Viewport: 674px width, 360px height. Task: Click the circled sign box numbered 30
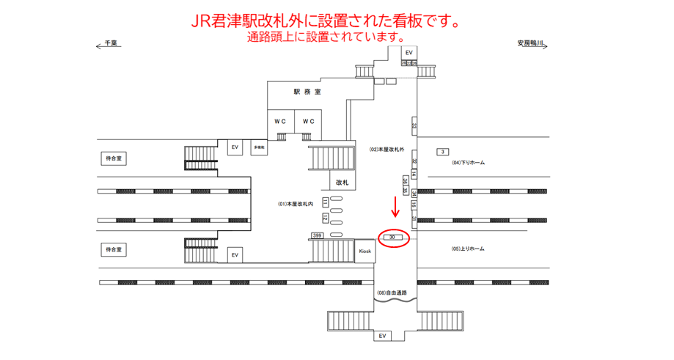click(x=393, y=238)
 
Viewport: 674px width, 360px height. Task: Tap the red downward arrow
click(x=395, y=206)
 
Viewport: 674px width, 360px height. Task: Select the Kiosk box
click(x=365, y=251)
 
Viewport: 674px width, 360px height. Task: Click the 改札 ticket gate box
click(x=342, y=181)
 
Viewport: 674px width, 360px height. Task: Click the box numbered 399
click(x=317, y=235)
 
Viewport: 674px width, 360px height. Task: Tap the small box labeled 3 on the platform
click(x=442, y=152)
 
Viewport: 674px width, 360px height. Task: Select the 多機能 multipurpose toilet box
click(x=259, y=147)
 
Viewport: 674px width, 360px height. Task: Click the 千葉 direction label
click(x=111, y=44)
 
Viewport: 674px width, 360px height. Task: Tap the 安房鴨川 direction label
click(x=530, y=44)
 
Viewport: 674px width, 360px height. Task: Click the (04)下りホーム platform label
click(x=469, y=163)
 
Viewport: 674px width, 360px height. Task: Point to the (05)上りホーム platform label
click(x=469, y=249)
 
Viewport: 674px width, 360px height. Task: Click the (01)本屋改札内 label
click(x=296, y=204)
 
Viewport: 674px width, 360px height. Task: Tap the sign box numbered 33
click(x=414, y=125)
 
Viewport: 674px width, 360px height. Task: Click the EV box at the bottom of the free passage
click(x=381, y=336)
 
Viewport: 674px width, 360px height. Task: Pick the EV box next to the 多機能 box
click(x=235, y=147)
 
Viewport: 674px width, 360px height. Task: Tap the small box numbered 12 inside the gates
click(x=325, y=217)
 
